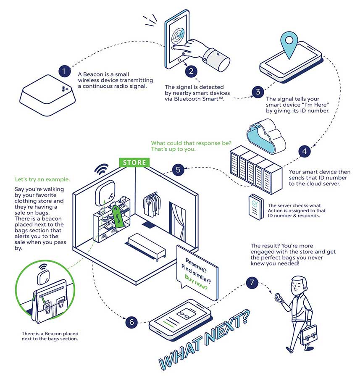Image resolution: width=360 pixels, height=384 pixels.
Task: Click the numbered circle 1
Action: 64,71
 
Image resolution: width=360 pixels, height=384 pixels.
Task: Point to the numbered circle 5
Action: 178,170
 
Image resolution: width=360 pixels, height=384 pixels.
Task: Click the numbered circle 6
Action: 131,322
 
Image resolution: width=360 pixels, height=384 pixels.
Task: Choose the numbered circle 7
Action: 252,282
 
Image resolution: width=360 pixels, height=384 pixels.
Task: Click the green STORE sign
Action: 134,163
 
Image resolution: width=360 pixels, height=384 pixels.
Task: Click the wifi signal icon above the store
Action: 101,168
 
